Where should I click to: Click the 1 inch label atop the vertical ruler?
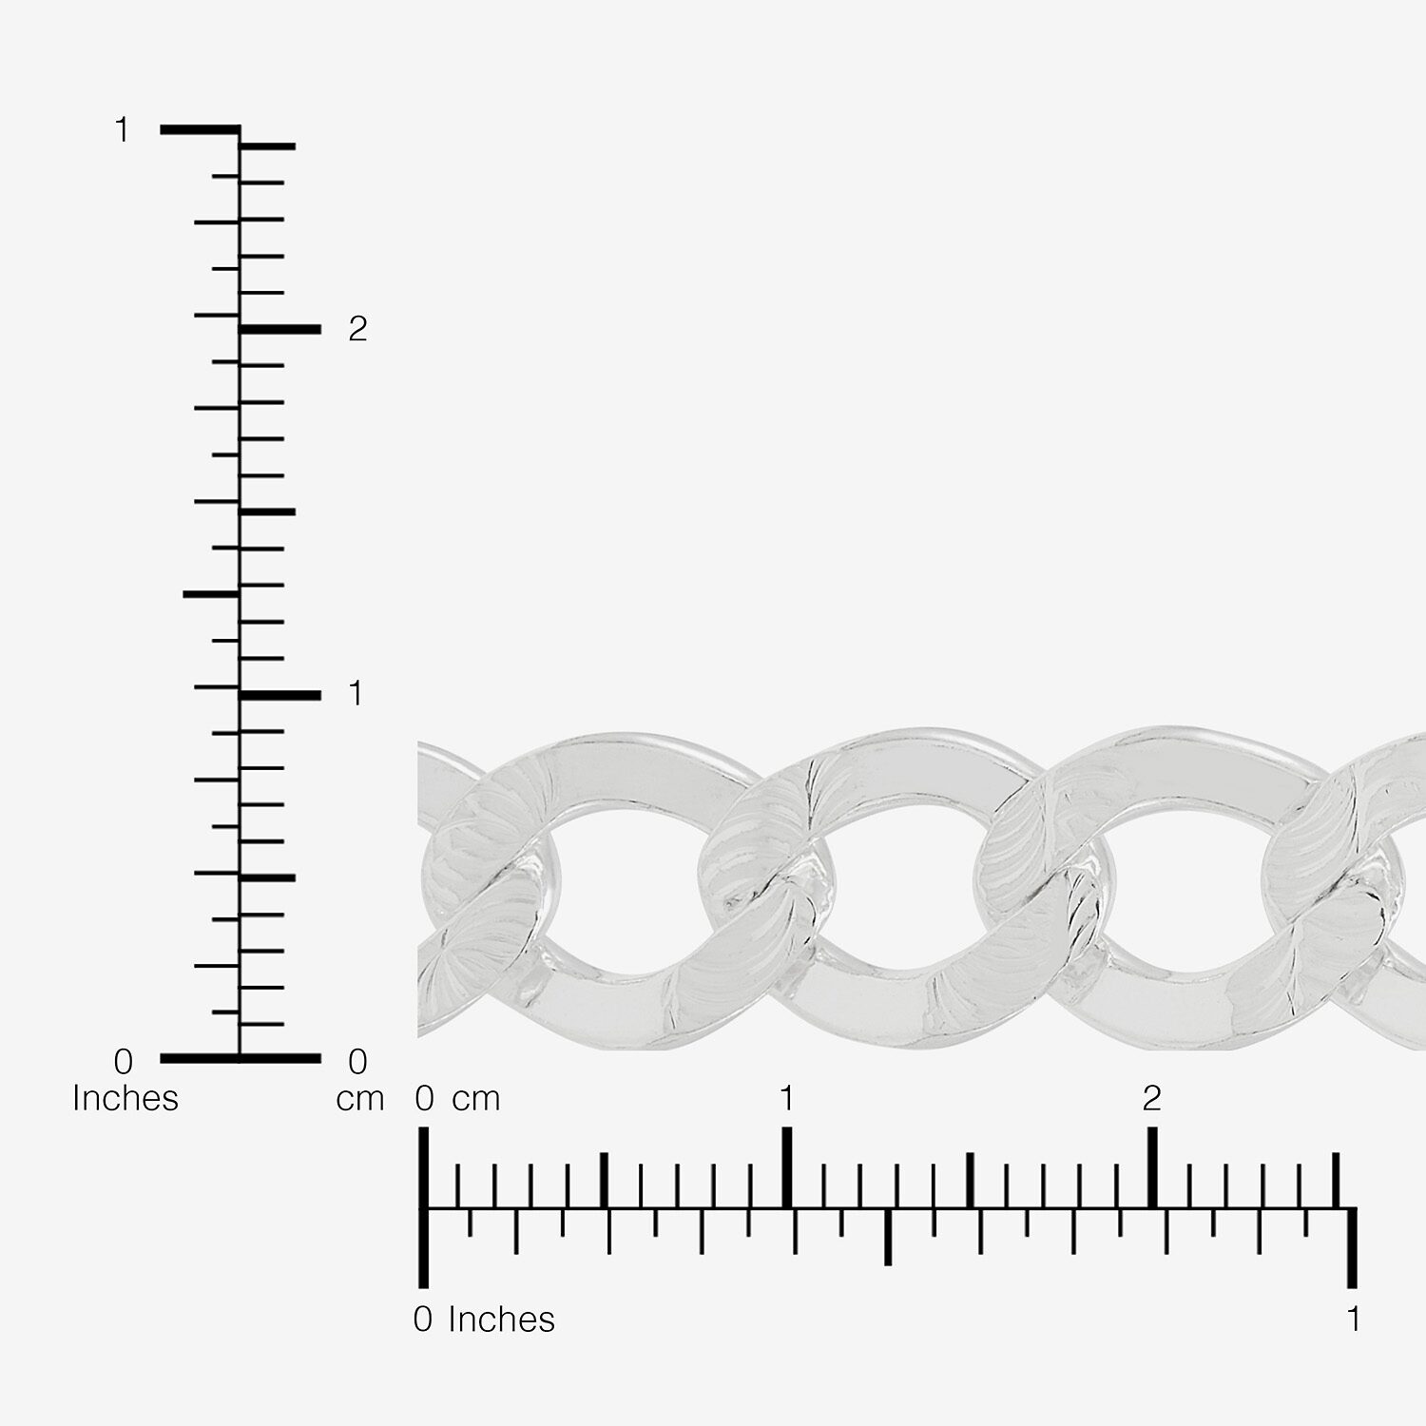122,129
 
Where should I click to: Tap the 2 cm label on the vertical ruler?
357,329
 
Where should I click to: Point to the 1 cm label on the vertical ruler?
356,694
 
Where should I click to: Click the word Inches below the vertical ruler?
125,1098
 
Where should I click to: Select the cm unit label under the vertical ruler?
360,1099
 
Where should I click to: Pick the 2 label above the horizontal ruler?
1152,1099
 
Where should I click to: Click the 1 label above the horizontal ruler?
786,1099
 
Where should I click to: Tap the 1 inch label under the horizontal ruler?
1353,1320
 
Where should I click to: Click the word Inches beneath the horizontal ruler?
501,1320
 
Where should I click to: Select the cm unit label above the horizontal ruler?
476,1100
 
